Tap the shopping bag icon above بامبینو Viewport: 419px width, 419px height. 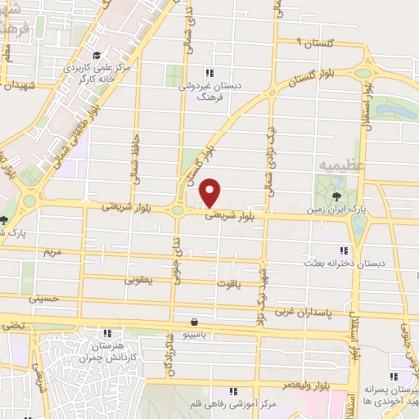point(194,322)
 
